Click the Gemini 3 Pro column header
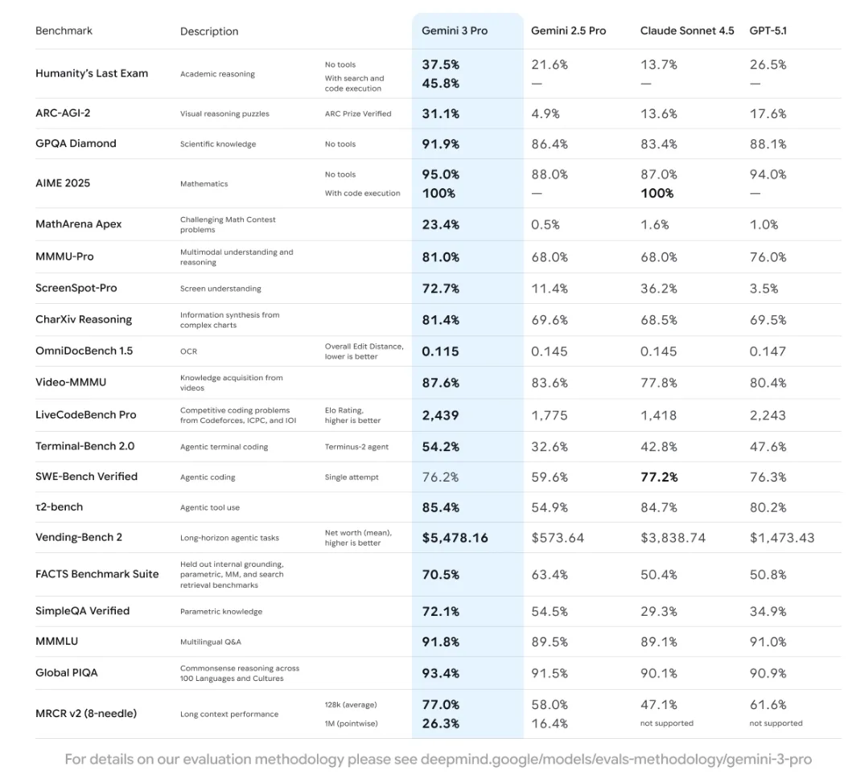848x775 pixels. [x=455, y=31]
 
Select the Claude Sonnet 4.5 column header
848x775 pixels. [x=687, y=31]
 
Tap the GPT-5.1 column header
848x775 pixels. [x=768, y=31]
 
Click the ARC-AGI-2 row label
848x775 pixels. [x=63, y=113]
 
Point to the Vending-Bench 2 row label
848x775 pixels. [x=79, y=537]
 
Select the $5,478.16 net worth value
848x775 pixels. [x=455, y=538]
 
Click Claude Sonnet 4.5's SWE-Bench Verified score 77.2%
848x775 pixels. [x=659, y=477]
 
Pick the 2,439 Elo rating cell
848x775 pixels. [x=441, y=415]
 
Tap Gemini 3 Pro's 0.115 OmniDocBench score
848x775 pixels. [x=440, y=351]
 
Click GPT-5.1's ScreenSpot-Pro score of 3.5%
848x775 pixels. [x=764, y=288]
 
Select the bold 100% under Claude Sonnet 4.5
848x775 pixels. [x=657, y=193]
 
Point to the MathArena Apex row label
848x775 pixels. [x=79, y=224]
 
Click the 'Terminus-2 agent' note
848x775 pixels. [x=357, y=446]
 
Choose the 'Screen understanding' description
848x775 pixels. [x=220, y=289]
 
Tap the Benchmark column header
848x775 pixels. [x=64, y=31]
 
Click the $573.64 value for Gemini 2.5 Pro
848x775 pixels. [x=558, y=538]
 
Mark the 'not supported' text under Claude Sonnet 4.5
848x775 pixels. [x=667, y=724]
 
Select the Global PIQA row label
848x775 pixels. [x=67, y=672]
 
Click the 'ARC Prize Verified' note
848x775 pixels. [x=358, y=113]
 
